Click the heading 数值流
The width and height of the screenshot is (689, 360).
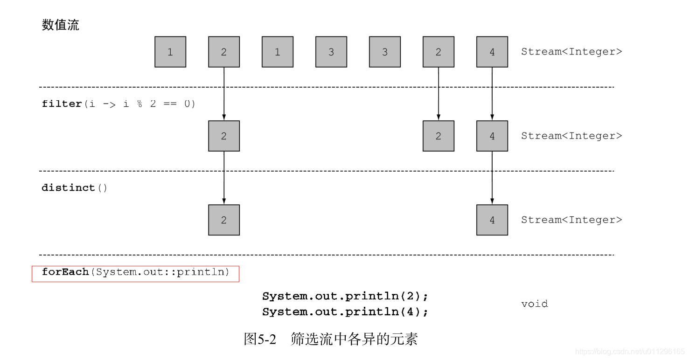point(61,25)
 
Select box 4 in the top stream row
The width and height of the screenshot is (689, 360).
point(492,52)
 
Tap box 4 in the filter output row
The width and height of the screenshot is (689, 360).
point(492,136)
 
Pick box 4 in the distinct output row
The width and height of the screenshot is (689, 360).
point(492,220)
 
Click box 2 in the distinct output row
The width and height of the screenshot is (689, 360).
point(224,220)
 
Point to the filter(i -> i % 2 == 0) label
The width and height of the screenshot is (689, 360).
point(118,104)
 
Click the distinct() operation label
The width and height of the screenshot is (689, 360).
point(75,188)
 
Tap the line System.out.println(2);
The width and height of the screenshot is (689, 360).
point(345,296)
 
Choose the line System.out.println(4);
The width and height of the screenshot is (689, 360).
point(345,312)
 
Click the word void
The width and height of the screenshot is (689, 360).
point(535,304)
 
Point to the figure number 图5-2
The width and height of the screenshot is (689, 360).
point(260,339)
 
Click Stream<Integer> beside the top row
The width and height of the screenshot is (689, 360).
point(571,52)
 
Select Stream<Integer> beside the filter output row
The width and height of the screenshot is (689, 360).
point(571,136)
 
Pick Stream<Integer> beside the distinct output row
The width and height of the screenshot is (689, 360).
point(571,220)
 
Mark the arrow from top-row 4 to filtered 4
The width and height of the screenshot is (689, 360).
point(492,93)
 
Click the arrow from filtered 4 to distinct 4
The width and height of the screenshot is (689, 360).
point(492,177)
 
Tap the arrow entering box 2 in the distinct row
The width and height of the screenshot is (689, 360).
point(224,177)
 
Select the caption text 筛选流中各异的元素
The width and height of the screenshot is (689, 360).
point(354,339)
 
